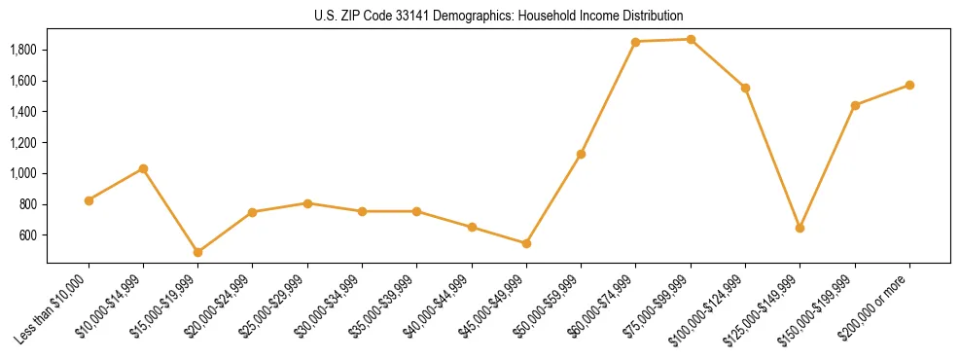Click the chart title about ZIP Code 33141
pyautogui.click(x=498, y=16)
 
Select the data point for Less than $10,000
pyautogui.click(x=89, y=200)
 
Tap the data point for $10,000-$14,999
pyautogui.click(x=143, y=168)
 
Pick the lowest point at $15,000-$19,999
pyautogui.click(x=197, y=252)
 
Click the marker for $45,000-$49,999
pyautogui.click(x=526, y=243)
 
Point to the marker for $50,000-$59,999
pyautogui.click(x=581, y=154)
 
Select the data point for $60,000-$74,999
pyautogui.click(x=635, y=42)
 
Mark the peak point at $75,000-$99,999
pyautogui.click(x=691, y=40)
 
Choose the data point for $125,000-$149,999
pyautogui.click(x=800, y=228)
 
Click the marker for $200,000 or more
pyautogui.click(x=909, y=85)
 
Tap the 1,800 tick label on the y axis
pyautogui.click(x=22, y=50)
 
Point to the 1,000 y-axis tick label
pyautogui.click(x=22, y=173)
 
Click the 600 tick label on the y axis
pyautogui.click(x=28, y=235)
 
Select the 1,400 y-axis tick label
pyautogui.click(x=22, y=112)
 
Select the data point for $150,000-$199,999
pyautogui.click(x=855, y=105)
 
